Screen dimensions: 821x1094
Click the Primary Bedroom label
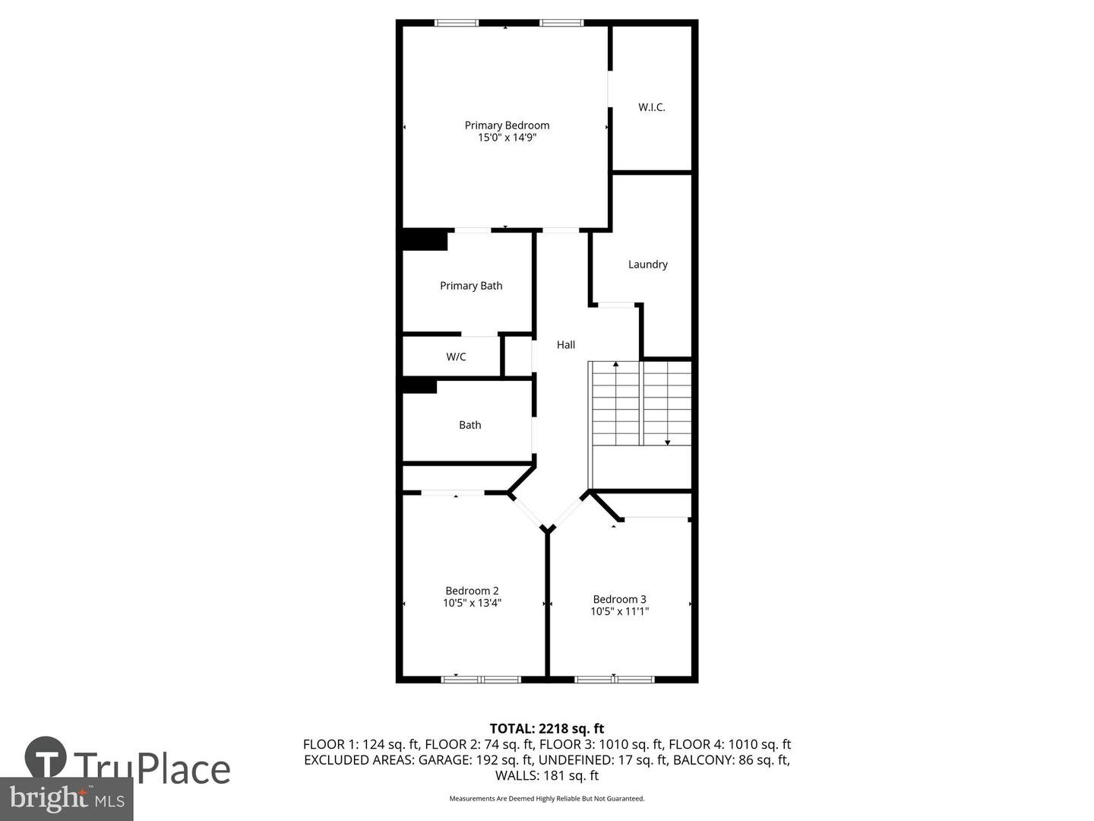[507, 125]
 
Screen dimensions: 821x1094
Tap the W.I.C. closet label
[651, 107]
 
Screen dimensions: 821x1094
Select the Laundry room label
[647, 265]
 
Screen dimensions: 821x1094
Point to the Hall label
[565, 344]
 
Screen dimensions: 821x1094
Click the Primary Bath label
[471, 286]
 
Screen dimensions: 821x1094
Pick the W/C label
[456, 357]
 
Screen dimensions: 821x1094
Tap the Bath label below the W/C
[470, 425]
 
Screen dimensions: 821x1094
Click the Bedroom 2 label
[472, 591]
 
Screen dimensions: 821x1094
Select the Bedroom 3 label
[619, 599]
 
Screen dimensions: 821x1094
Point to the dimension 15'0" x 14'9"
[507, 138]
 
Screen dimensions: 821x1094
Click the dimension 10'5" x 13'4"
[472, 603]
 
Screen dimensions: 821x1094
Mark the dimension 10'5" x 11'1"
[619, 611]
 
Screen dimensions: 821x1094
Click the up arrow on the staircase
[615, 366]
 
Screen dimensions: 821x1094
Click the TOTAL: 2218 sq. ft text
[546, 729]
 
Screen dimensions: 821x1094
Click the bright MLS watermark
[66, 798]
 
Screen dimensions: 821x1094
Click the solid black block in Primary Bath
[424, 239]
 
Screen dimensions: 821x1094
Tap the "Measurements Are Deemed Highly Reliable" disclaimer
[546, 798]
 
